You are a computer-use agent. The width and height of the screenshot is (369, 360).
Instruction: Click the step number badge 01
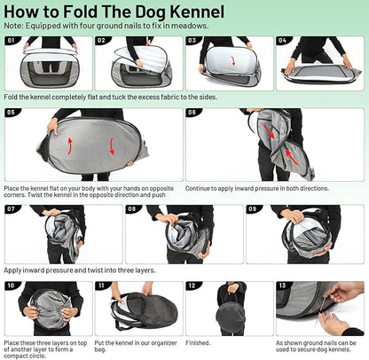(13, 41)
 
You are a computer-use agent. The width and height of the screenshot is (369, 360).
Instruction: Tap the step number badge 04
(283, 41)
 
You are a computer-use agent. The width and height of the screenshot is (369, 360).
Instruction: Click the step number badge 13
(283, 286)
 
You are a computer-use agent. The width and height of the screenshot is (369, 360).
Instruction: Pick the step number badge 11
(103, 286)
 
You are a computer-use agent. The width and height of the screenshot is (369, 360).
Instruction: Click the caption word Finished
(198, 342)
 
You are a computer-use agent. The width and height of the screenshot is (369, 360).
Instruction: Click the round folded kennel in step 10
(46, 312)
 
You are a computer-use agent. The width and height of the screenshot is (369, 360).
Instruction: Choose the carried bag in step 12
(229, 316)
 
